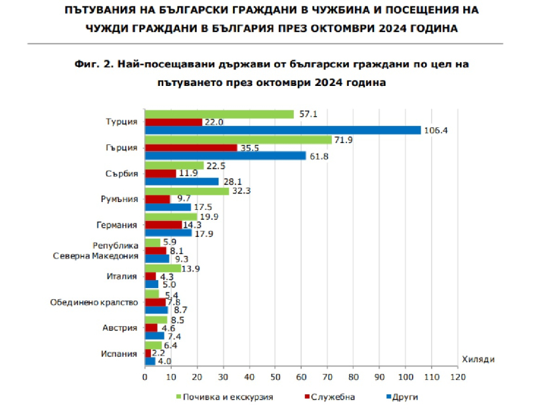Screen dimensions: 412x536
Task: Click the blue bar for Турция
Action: coord(282,130)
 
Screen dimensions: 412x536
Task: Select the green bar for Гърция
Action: coord(238,140)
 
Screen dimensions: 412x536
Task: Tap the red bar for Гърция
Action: coord(190,148)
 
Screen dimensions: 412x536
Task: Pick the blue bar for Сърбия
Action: coord(181,181)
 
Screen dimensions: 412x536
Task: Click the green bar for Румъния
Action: coord(186,191)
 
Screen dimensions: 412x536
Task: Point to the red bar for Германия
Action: coord(163,224)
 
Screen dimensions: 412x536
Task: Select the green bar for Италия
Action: coord(162,268)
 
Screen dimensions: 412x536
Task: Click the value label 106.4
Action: coord(436,130)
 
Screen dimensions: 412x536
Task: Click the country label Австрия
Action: coord(119,327)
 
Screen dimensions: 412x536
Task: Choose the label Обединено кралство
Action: coord(94,302)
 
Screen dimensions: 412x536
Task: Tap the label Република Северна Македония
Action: coord(97,251)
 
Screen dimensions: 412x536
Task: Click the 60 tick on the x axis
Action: coord(301,377)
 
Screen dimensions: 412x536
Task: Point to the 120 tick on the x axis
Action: coord(457,377)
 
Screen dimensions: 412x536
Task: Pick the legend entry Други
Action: coord(405,397)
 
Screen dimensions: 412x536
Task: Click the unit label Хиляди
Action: coord(478,360)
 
